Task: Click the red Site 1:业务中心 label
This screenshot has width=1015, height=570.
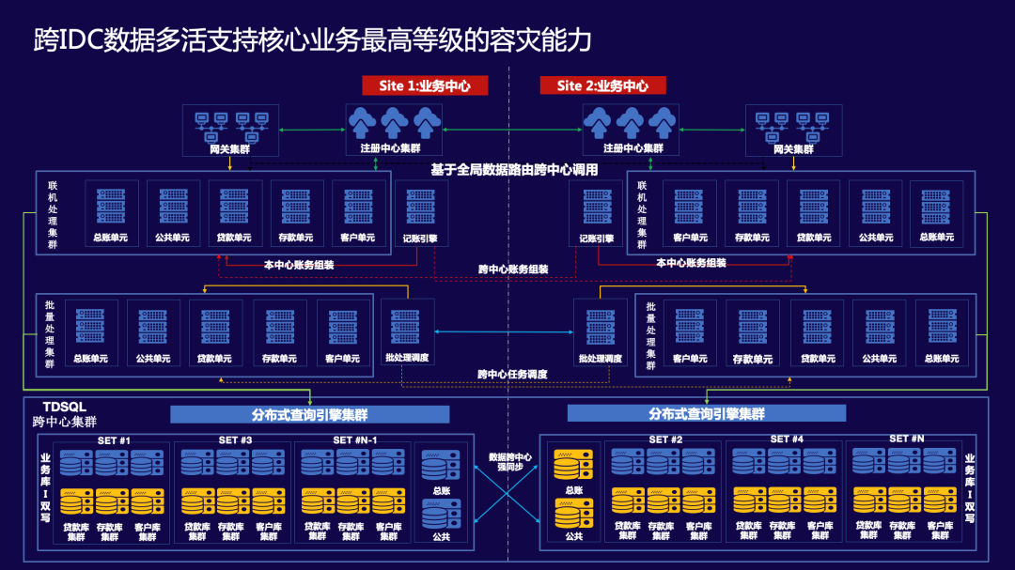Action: tap(425, 85)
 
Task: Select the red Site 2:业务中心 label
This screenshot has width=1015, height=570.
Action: tap(602, 85)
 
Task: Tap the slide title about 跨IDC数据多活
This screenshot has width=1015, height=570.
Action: tap(312, 39)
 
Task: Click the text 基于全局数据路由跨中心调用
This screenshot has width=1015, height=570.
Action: tap(514, 170)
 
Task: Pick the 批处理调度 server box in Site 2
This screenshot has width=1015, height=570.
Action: tap(601, 333)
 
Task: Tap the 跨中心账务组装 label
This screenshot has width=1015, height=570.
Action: tap(513, 270)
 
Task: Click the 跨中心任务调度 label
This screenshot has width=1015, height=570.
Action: tap(512, 374)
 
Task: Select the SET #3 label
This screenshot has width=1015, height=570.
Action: tap(235, 439)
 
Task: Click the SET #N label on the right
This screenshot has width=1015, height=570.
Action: tap(907, 439)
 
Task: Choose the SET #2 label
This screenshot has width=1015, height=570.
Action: tap(664, 439)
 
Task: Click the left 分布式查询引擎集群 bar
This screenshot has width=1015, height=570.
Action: tap(297, 414)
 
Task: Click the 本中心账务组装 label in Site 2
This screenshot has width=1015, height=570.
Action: tap(691, 264)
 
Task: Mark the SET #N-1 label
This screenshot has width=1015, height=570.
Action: tap(355, 439)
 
